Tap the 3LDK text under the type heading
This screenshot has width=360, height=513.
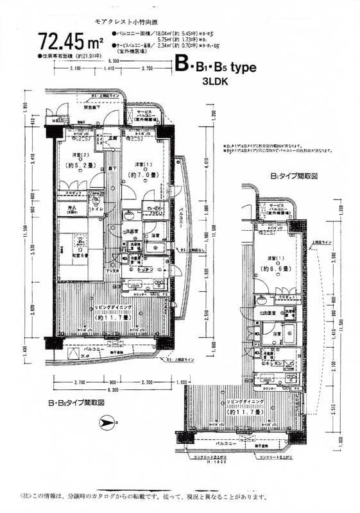tap(215, 81)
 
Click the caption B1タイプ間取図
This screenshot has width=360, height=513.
tap(295, 174)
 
